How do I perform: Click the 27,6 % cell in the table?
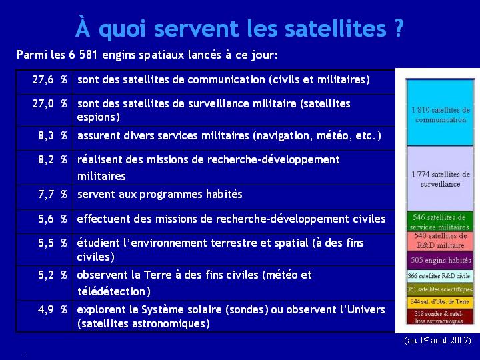(x=49, y=80)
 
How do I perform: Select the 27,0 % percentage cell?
(x=49, y=104)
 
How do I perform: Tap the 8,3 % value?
(x=53, y=135)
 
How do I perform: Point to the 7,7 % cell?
(x=53, y=195)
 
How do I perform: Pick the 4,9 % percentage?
(x=53, y=310)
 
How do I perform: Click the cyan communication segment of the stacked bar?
(x=440, y=113)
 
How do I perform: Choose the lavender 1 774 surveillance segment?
(x=440, y=178)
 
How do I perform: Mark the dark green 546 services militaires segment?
(x=440, y=221)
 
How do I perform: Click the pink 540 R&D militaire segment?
(x=440, y=241)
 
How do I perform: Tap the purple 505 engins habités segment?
(x=440, y=260)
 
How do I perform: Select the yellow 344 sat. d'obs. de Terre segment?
(x=440, y=302)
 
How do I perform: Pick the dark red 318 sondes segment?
(x=440, y=317)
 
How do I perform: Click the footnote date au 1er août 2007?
(x=437, y=340)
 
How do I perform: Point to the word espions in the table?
(x=98, y=117)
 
